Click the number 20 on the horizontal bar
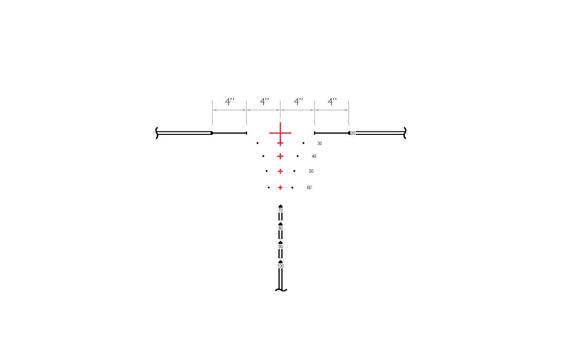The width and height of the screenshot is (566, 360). tap(353, 133)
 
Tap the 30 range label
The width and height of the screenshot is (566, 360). tap(319, 144)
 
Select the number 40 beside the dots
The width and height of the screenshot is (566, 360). tap(314, 156)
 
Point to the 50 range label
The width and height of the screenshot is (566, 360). tap(311, 171)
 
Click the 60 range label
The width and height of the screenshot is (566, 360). tap(309, 188)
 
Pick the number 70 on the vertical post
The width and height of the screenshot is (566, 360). tap(281, 210)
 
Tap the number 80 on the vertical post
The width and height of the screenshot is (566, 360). tap(281, 228)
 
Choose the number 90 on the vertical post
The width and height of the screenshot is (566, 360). tap(281, 247)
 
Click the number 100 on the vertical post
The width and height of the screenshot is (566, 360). tap(281, 266)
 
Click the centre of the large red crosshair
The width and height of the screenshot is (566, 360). tap(280, 133)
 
